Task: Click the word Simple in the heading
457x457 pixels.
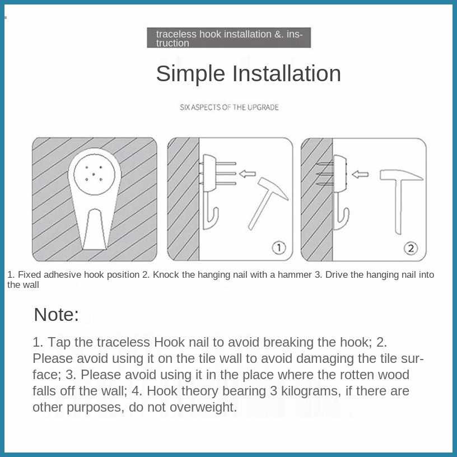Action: (x=190, y=74)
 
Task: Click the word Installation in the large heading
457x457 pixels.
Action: (x=286, y=73)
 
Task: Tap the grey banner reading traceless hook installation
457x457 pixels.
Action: (x=229, y=38)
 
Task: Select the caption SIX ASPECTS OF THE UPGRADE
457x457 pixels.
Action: (x=229, y=108)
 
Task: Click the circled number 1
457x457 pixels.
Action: (x=279, y=248)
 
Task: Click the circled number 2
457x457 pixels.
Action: (x=411, y=248)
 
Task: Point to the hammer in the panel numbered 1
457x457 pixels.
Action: (x=268, y=203)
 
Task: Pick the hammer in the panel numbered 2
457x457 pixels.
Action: (x=401, y=201)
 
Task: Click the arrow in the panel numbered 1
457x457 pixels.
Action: (x=247, y=174)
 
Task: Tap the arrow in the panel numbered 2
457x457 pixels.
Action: (x=360, y=175)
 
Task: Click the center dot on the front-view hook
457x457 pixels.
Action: (x=94, y=174)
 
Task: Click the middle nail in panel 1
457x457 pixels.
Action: (x=226, y=174)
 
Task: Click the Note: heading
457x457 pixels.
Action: (x=56, y=315)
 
